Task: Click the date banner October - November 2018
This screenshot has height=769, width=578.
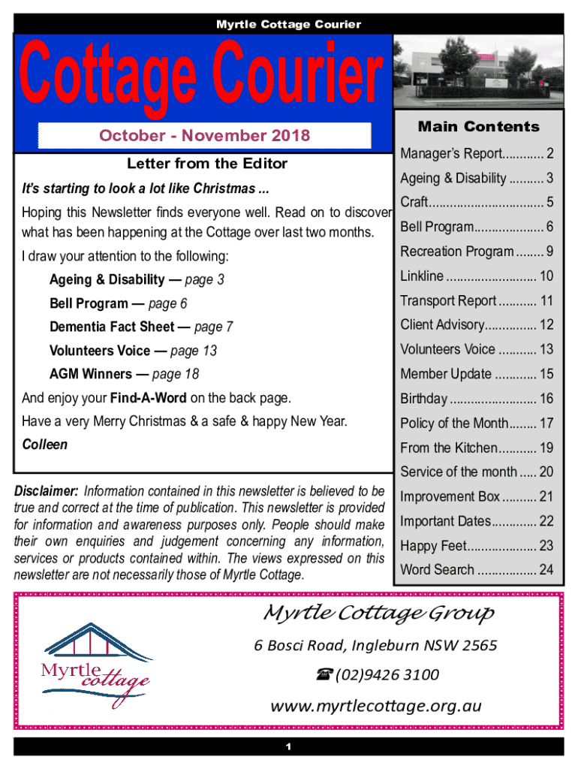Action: pos(205,136)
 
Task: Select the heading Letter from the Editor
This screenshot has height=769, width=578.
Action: pos(206,163)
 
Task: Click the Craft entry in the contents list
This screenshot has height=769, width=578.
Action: pos(414,202)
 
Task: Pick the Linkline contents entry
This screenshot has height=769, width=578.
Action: pos(422,276)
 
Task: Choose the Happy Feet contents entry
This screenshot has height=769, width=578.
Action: pos(434,546)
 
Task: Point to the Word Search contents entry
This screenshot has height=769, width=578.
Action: pos(437,569)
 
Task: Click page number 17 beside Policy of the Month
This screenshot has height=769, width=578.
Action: pos(546,423)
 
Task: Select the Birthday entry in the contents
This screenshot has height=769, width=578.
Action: pos(424,399)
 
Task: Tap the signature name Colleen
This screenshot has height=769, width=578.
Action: pos(45,445)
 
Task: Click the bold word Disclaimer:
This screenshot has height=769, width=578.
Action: pos(51,491)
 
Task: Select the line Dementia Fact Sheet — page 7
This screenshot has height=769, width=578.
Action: pos(141,327)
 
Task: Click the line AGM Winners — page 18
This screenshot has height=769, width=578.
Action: pos(124,374)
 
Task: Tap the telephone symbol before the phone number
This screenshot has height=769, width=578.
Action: pos(324,674)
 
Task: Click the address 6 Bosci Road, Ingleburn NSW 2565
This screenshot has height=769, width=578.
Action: pos(375,645)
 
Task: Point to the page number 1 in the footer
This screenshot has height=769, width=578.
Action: pos(289,746)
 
